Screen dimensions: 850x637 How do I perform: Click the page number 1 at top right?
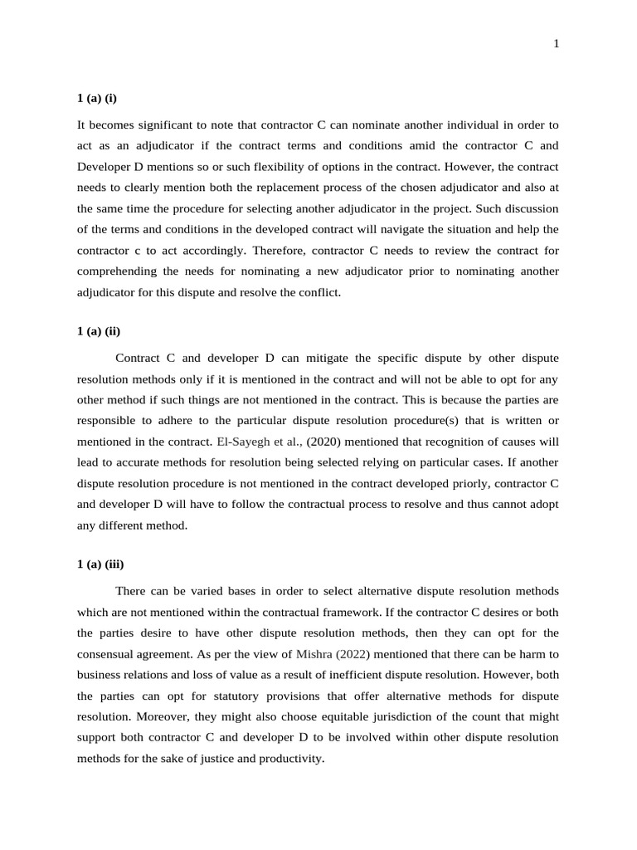point(557,45)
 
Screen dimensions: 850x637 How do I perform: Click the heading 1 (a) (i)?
point(97,98)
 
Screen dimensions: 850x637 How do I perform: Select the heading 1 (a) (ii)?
point(99,331)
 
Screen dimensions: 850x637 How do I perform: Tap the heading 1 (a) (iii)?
point(100,564)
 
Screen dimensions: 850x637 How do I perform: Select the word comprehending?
point(116,271)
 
